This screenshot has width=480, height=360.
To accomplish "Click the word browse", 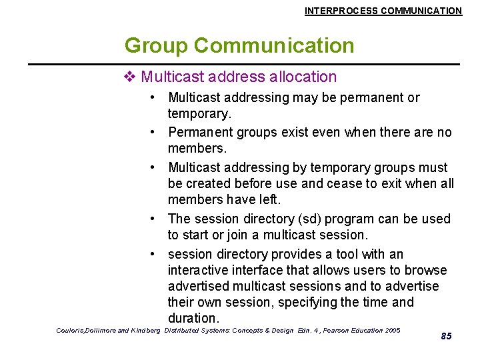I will coord(427,270).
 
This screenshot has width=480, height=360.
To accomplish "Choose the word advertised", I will coord(199,286).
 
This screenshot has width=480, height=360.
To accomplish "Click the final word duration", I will coord(193,318).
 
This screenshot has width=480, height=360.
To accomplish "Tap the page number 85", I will coord(446,336).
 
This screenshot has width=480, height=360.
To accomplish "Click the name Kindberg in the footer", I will coord(147,331).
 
